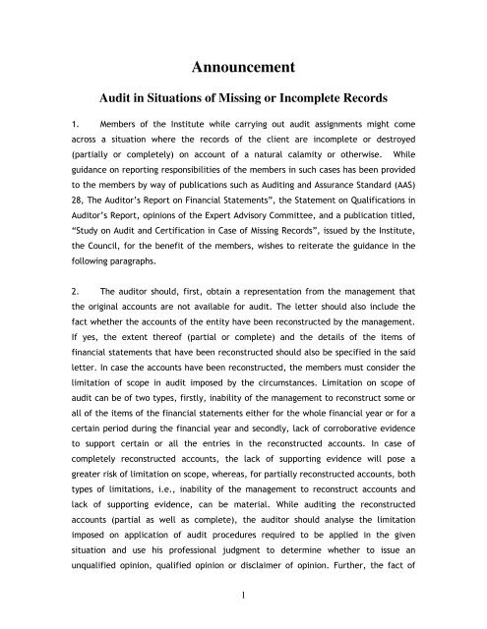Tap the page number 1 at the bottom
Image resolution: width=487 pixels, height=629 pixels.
point(243,601)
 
